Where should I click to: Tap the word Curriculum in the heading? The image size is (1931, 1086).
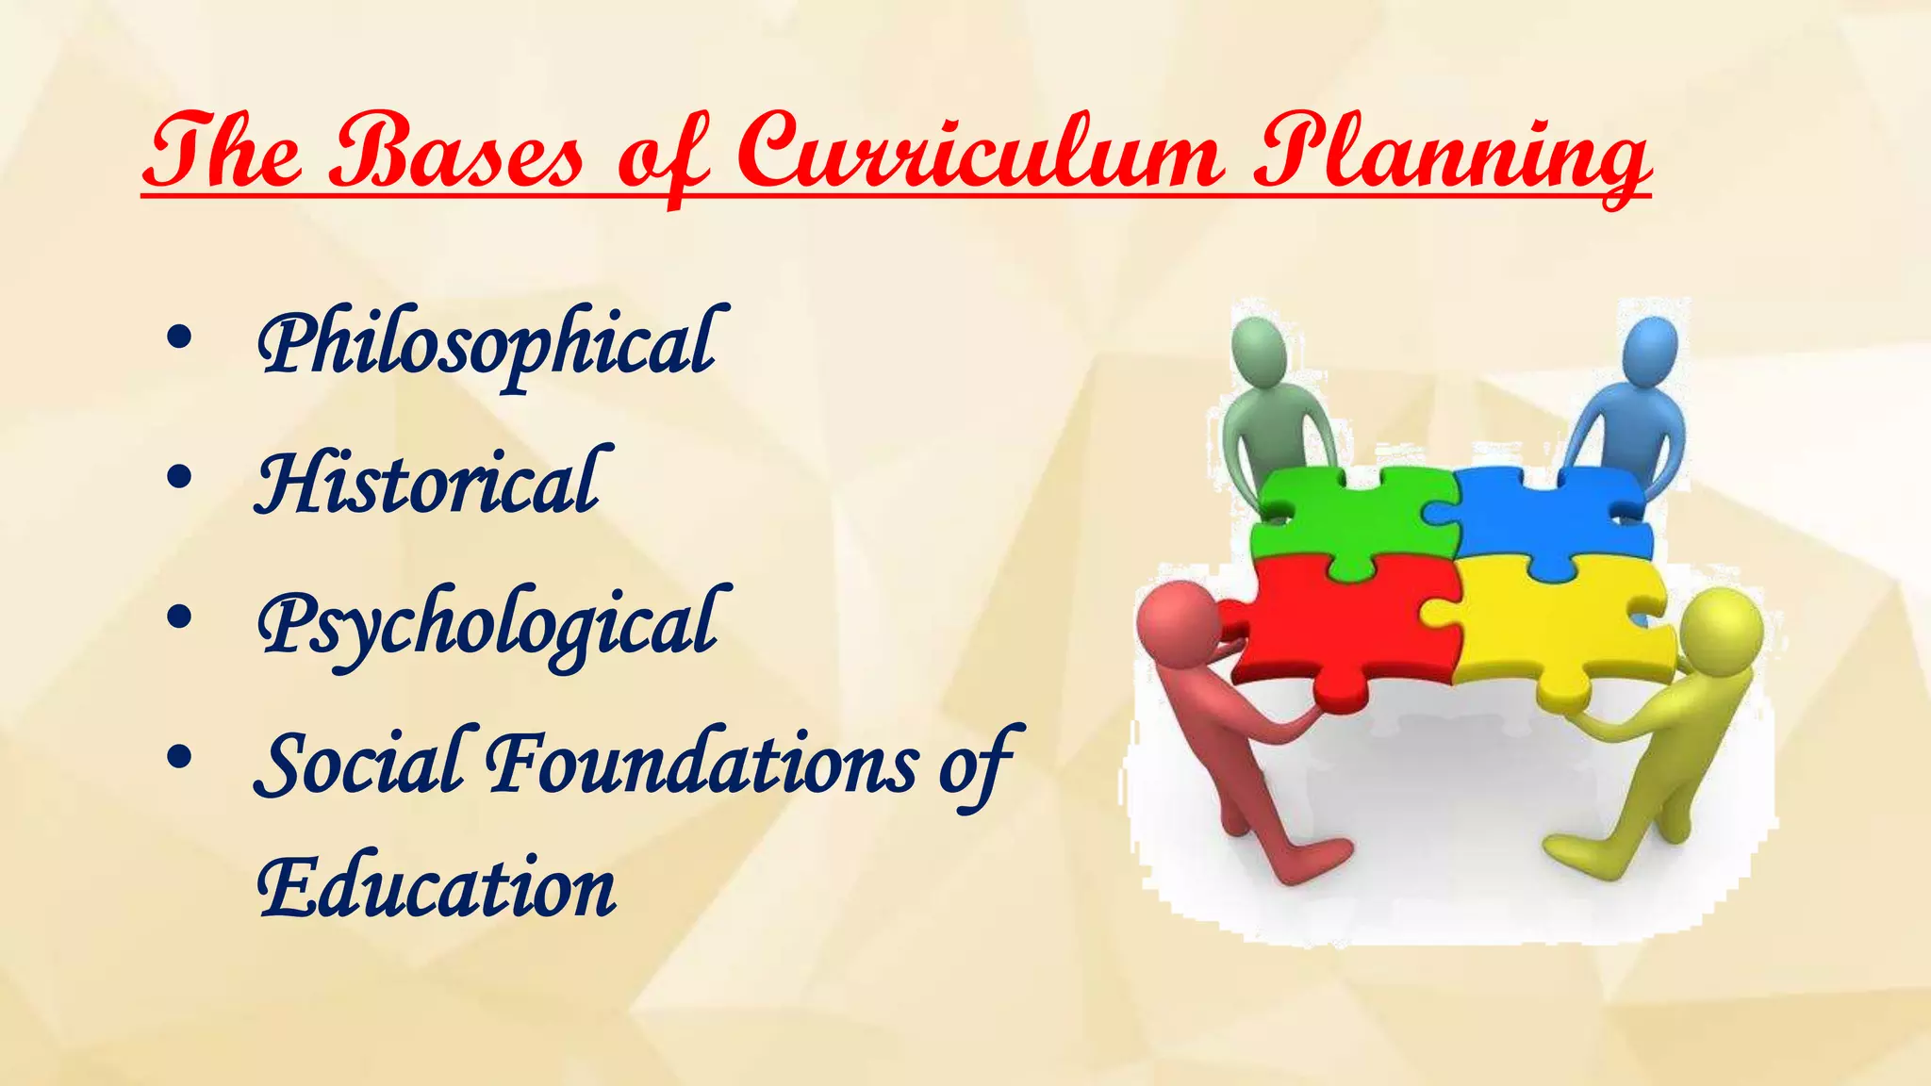click(981, 151)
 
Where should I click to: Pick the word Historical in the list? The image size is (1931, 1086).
click(429, 484)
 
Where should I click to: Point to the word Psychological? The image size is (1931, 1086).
click(490, 625)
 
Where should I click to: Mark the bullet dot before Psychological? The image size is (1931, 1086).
click(178, 618)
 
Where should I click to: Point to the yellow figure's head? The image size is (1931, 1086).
click(1721, 628)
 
